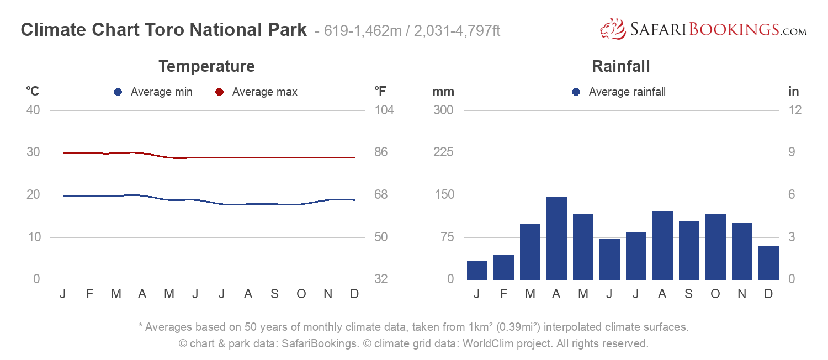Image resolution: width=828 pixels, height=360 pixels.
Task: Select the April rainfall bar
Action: pyautogui.click(x=556, y=239)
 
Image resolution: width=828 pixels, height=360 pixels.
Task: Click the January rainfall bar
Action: pyautogui.click(x=477, y=271)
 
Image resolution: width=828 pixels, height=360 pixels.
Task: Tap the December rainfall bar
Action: pyautogui.click(x=768, y=263)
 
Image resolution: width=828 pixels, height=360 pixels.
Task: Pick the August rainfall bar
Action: pyautogui.click(x=662, y=246)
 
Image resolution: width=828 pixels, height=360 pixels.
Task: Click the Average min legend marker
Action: pyautogui.click(x=118, y=92)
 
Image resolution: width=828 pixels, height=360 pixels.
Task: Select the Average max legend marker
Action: pyautogui.click(x=219, y=92)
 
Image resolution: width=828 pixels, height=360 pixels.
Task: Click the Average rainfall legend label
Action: pyautogui.click(x=627, y=92)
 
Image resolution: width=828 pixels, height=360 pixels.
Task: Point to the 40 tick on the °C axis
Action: pyautogui.click(x=33, y=110)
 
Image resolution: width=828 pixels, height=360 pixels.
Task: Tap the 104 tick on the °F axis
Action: pyautogui.click(x=384, y=110)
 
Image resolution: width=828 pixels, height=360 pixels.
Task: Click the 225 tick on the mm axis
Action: pyautogui.click(x=443, y=152)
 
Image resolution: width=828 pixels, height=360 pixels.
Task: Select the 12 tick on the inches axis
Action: pyautogui.click(x=795, y=110)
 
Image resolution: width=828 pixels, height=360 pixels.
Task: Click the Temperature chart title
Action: pyautogui.click(x=206, y=67)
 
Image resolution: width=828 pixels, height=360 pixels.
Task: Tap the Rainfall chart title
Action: pyautogui.click(x=620, y=67)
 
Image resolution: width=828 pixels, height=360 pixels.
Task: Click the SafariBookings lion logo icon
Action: pyautogui.click(x=612, y=29)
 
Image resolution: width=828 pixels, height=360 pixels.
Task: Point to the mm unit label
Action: pyautogui.click(x=443, y=92)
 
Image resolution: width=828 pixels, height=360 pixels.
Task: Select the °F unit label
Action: pyautogui.click(x=380, y=92)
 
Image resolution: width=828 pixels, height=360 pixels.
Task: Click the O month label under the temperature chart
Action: pyautogui.click(x=301, y=294)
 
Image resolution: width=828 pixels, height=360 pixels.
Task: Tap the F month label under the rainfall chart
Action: pyautogui.click(x=503, y=294)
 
